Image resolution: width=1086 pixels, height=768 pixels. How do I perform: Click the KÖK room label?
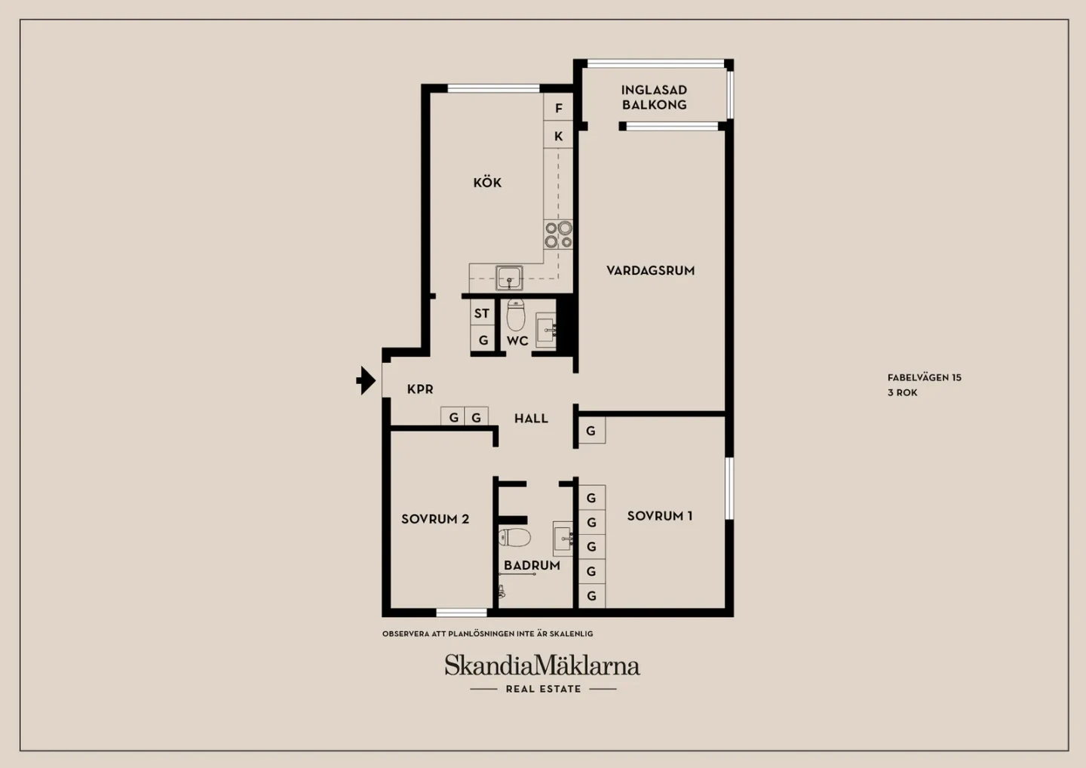tap(487, 183)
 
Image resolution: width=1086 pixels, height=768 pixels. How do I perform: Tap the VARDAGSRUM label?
tap(651, 271)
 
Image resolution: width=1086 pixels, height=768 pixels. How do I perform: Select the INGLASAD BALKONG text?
tap(655, 97)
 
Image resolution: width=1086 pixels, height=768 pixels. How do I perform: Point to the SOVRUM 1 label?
tap(660, 516)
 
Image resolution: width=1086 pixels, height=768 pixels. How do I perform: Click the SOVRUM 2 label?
tap(435, 519)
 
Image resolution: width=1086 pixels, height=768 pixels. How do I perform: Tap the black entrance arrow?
tap(366, 381)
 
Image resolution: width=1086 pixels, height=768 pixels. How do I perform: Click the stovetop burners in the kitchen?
tap(558, 235)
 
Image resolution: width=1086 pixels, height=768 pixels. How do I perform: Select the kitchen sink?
tap(509, 278)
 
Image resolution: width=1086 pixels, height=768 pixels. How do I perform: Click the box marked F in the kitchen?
tap(558, 107)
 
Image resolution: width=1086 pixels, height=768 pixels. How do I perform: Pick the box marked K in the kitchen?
tap(558, 135)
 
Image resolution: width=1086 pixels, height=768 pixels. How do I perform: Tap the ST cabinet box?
tap(483, 313)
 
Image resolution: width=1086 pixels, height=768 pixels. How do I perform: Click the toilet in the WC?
tap(516, 315)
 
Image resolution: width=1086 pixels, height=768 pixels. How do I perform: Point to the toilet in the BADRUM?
tap(514, 538)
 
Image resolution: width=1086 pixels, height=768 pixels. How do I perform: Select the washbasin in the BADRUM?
tap(563, 538)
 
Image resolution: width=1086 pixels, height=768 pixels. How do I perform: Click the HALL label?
tap(532, 419)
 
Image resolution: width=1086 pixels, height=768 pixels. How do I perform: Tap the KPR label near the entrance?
tap(420, 389)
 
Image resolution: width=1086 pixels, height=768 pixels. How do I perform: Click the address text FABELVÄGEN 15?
tap(925, 378)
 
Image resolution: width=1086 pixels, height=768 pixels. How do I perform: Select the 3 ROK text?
tap(903, 393)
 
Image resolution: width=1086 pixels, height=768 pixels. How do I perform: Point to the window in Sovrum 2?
tap(462, 613)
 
